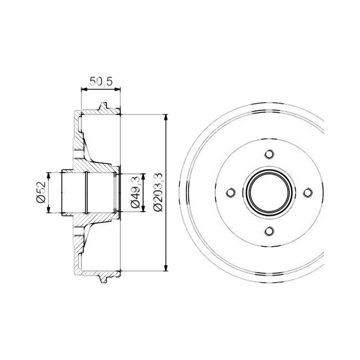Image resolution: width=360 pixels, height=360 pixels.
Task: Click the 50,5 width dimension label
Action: pos(101,81)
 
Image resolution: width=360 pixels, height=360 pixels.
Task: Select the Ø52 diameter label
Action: pos(41,192)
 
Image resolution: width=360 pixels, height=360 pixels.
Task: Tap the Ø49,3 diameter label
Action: pos(135,193)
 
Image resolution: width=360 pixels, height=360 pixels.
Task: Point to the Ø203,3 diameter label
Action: pos(158,192)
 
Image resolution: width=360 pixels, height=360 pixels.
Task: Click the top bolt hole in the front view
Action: pos(269,154)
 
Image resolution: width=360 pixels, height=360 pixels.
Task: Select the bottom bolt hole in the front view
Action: pos(269,231)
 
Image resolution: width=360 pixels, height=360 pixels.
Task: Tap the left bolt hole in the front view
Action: pos(231,193)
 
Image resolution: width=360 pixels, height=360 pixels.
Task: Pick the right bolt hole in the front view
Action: pos(308,193)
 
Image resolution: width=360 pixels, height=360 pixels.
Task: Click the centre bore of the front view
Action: pos(269,193)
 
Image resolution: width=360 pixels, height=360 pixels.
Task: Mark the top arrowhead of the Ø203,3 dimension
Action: pos(166,117)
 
